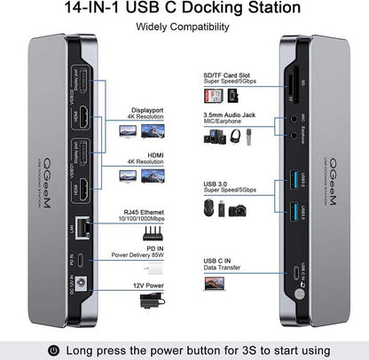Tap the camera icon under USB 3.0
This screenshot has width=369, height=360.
coord(239,213)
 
